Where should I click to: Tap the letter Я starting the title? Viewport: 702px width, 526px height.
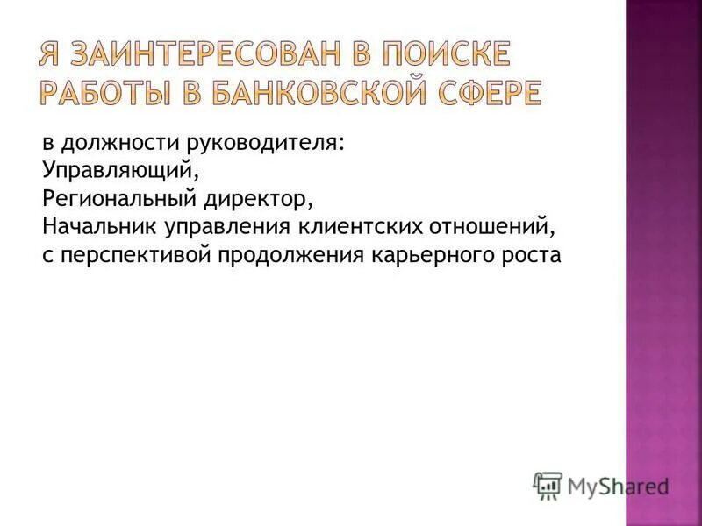50,54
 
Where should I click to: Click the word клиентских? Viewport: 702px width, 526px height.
360,227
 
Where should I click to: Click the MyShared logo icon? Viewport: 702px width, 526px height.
548,485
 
